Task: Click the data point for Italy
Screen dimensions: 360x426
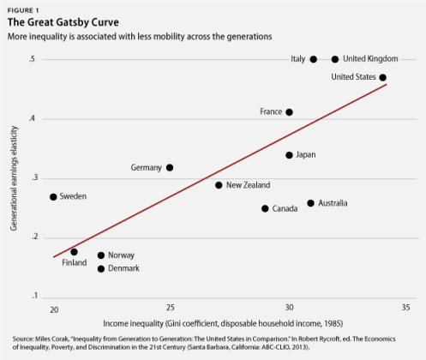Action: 313,59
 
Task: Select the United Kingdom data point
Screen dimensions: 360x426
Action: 335,59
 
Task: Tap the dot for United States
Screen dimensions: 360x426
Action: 383,77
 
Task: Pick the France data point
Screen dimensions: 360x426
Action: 289,112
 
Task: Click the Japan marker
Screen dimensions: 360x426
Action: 289,155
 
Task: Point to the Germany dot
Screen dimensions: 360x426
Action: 170,168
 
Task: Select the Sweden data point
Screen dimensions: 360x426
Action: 53,197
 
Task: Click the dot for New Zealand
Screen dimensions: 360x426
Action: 219,185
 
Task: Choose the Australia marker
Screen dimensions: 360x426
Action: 311,203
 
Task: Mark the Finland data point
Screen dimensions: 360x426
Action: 75,252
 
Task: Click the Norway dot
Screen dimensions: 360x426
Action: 101,255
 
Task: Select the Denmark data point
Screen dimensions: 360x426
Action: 101,269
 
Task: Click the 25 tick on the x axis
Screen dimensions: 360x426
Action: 170,308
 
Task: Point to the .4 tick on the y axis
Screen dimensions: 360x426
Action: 32,118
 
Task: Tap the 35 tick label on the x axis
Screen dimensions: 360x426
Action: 405,308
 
